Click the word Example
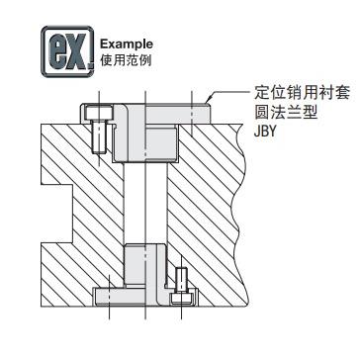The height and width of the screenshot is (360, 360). [126, 45]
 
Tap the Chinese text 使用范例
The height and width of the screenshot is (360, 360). [126, 58]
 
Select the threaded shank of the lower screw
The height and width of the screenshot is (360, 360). [183, 278]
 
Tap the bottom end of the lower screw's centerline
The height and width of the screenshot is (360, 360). [183, 318]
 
